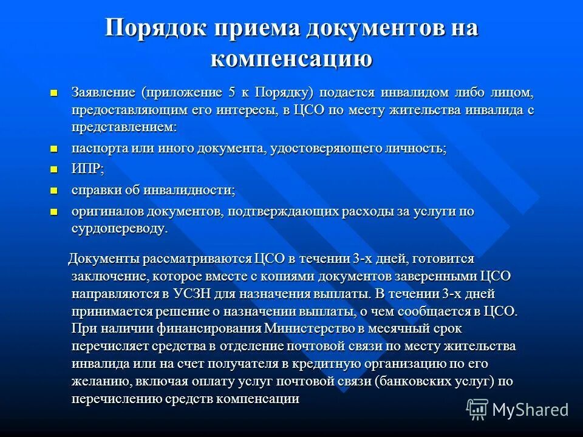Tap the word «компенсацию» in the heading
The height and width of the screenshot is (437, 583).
tap(291, 59)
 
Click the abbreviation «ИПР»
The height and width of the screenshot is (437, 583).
tap(86, 170)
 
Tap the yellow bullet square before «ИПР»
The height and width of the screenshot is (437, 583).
tap(53, 169)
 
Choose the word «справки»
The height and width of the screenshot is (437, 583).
tap(94, 191)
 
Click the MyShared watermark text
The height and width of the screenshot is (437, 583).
tap(530, 409)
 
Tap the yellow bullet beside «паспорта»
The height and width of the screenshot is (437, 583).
tap(53, 148)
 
